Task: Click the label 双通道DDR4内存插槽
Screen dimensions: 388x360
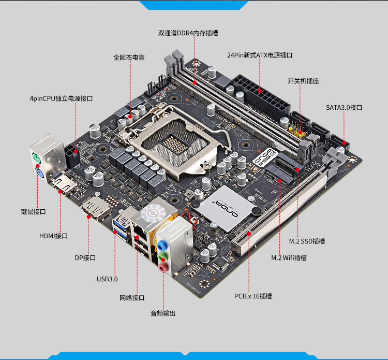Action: point(188,33)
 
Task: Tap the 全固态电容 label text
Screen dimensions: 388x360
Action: point(129,57)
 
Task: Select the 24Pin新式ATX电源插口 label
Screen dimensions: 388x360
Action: point(260,55)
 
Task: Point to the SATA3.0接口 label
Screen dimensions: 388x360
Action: point(344,107)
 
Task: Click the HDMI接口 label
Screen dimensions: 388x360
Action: point(53,236)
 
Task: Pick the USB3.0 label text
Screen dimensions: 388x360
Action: point(107,279)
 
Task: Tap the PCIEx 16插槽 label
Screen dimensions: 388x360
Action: point(253,296)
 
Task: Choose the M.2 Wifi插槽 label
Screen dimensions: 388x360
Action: point(289,258)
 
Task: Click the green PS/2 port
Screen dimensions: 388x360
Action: point(36,158)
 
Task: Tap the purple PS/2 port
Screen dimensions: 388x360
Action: point(39,173)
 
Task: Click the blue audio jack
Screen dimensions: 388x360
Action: point(161,246)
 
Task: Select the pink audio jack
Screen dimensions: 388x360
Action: point(163,267)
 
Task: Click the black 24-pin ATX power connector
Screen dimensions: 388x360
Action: point(262,95)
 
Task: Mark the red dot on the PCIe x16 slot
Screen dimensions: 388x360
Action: point(249,234)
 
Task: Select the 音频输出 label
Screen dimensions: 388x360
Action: point(163,313)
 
